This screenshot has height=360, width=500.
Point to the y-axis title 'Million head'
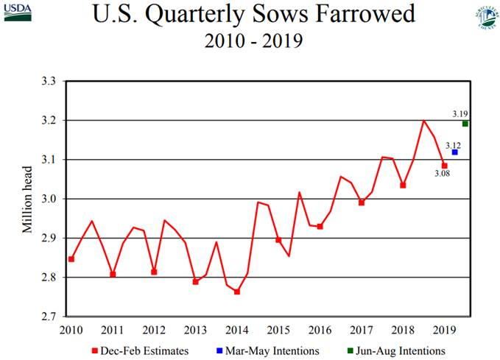(28, 199)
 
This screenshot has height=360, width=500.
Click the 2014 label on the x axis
(237, 330)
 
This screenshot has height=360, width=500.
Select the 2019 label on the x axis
(444, 330)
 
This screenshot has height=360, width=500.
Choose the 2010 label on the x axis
(71, 330)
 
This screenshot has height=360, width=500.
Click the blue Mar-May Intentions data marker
(455, 152)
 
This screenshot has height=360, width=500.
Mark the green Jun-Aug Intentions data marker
(465, 124)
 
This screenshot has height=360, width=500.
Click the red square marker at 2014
(237, 292)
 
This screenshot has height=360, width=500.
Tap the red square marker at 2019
(444, 166)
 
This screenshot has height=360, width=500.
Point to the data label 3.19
(459, 113)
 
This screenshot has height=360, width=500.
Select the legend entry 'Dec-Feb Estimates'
(140, 351)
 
